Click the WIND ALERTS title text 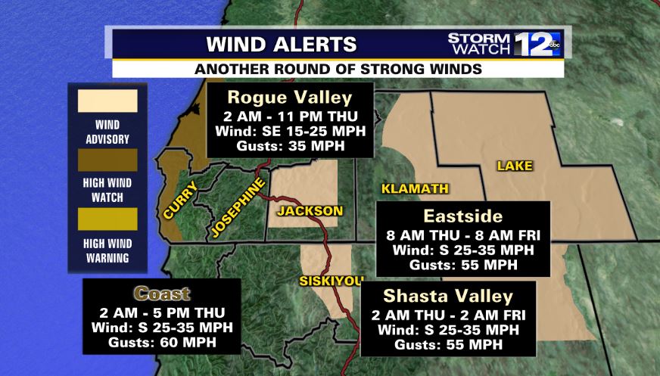pos(272,42)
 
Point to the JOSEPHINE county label pos(237,209)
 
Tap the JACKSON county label pos(310,211)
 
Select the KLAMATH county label pos(415,188)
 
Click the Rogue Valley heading pos(290,98)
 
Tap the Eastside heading pos(462,216)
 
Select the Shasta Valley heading pos(448,295)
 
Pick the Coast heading pos(162,294)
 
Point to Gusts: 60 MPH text pos(162,343)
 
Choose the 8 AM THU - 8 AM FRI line pos(462,235)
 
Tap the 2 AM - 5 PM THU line pos(162,312)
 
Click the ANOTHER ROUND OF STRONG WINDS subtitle pos(338,68)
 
